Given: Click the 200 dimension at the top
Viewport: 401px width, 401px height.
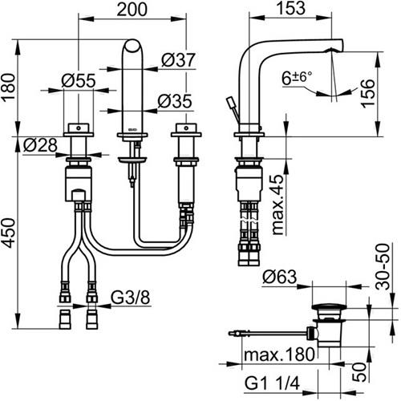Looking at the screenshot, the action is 132,10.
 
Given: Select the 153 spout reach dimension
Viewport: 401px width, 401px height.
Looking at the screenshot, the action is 291,8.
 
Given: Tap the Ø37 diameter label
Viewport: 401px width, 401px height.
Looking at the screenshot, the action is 179,60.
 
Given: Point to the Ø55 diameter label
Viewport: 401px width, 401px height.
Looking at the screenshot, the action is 79,80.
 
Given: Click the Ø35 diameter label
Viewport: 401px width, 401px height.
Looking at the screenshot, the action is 175,101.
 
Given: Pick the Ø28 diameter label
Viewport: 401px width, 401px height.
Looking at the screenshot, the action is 40,145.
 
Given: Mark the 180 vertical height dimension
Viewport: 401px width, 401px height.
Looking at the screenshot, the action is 9,87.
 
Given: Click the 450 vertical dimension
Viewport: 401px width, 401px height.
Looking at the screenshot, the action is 9,233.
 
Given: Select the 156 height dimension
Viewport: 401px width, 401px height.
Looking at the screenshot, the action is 368,94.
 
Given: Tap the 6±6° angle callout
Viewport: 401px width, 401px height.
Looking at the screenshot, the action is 297,78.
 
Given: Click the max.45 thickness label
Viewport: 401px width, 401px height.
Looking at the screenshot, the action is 277,205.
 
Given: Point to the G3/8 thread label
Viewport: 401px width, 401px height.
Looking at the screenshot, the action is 130,298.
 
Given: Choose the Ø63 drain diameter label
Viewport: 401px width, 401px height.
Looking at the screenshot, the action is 280,277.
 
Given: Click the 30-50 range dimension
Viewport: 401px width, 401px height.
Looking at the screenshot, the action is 383,266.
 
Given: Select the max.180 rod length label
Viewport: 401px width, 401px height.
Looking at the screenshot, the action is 279,354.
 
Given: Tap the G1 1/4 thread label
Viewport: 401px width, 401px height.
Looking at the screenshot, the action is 272,383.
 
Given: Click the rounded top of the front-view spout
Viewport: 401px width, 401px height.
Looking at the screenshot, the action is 132,46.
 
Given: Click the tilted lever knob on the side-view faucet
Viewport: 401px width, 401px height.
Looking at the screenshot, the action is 230,102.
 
